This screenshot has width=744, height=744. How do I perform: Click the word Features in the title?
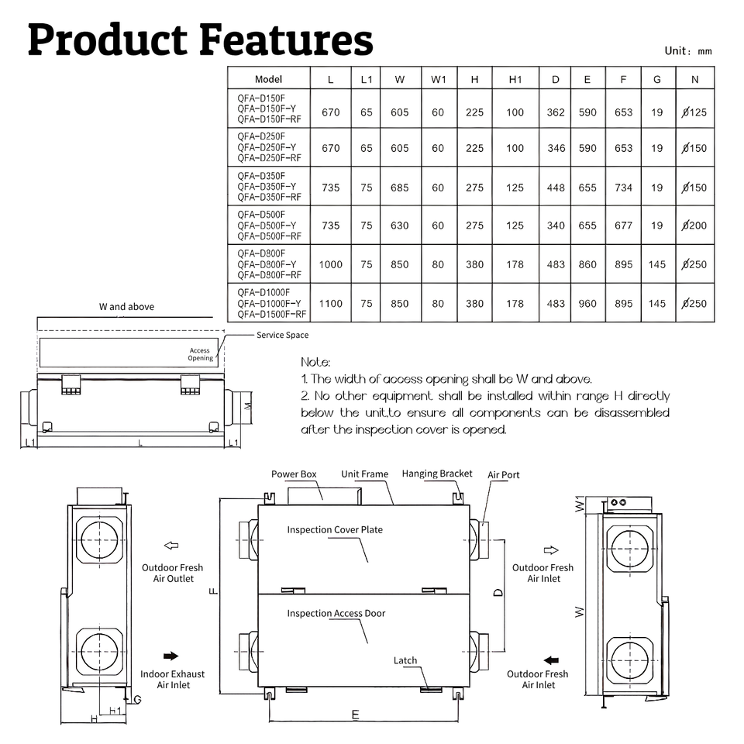286,40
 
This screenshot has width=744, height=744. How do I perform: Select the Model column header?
268,79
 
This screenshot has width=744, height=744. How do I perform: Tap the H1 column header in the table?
515,79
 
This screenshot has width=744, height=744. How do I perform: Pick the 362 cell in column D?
555,112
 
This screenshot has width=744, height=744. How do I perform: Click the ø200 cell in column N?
694,226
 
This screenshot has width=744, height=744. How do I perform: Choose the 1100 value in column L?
330,304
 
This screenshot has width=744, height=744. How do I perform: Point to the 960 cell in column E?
587,304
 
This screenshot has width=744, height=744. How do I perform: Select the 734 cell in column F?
623,188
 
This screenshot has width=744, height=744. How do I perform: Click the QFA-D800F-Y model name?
267,264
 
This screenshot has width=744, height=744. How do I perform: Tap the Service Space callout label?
282,335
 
